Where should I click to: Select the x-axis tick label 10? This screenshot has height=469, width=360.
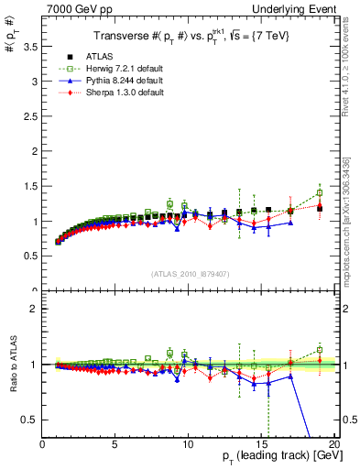[189, 443]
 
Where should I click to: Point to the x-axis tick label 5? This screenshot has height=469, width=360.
[115, 443]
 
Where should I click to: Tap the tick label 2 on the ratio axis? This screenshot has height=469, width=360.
[33, 309]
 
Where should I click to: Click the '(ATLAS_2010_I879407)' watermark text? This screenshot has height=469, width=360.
[189, 275]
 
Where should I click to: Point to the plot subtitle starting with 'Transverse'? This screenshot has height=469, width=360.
[190, 38]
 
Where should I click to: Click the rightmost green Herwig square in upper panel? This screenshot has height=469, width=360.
[320, 193]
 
